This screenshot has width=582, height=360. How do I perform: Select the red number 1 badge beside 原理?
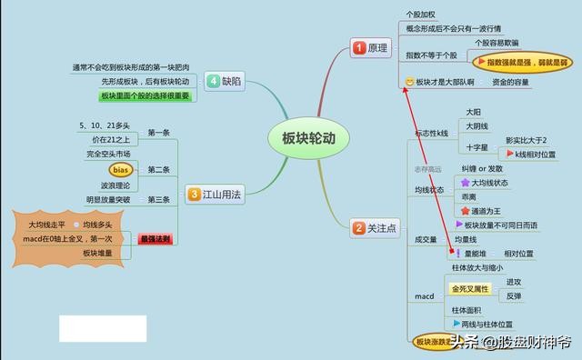(358, 47)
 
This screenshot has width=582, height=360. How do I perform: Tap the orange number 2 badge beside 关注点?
(359, 228)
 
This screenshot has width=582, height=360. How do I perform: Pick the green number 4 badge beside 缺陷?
(212, 80)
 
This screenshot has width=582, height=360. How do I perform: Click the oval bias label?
(121, 170)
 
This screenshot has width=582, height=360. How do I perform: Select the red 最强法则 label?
(156, 239)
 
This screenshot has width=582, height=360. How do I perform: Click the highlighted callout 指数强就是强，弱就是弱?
(522, 62)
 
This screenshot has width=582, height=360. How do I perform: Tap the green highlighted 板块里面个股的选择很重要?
(145, 95)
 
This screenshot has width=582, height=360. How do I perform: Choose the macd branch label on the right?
(425, 296)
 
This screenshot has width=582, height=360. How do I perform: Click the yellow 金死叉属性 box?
(469, 289)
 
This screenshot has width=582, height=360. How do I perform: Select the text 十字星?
(477, 145)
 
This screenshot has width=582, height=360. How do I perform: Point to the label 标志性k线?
(431, 133)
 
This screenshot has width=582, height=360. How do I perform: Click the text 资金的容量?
(511, 83)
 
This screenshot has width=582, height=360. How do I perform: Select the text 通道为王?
(488, 210)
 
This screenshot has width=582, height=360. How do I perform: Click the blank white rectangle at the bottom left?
(103, 328)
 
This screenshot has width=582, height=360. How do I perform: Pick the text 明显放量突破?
(108, 200)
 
